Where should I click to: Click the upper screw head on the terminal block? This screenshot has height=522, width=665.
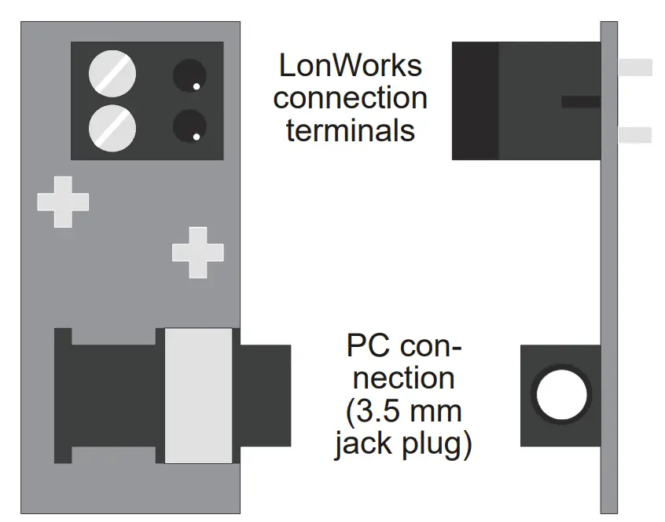tap(112, 75)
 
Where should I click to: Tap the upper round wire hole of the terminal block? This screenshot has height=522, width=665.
tap(189, 76)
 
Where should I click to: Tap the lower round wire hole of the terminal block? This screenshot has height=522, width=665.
tap(189, 126)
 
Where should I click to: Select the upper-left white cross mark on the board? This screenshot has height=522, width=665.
tap(63, 202)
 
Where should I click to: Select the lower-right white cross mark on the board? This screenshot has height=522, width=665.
tap(197, 252)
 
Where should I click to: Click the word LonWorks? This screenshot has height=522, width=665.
tap(350, 67)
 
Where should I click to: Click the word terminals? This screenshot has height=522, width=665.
tap(351, 130)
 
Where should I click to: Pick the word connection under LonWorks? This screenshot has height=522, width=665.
tap(351, 99)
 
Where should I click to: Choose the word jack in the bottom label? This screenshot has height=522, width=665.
tap(364, 445)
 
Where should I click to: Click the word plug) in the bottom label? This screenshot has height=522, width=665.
tap(437, 445)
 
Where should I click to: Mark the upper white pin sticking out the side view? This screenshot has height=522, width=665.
tap(635, 68)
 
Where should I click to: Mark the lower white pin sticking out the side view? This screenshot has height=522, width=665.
tap(635, 136)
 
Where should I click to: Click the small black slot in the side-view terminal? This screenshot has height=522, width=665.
tap(580, 102)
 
